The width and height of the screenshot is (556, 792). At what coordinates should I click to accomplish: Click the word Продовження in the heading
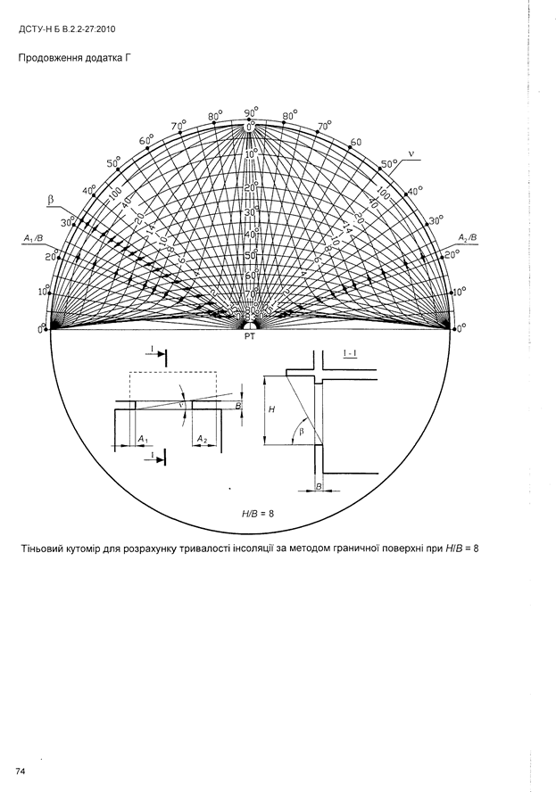click(46, 61)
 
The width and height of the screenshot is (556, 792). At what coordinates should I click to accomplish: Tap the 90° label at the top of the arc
click(251, 112)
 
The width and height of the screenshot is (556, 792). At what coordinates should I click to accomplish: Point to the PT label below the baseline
click(250, 338)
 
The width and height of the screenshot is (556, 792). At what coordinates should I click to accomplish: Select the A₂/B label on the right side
click(467, 237)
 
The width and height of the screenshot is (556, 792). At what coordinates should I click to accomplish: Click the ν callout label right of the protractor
click(411, 152)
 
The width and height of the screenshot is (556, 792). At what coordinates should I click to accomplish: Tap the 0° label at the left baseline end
click(41, 329)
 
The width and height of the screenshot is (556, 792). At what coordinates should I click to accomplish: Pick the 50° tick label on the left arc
click(113, 163)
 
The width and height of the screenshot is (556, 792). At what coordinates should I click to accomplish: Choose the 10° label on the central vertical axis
click(251, 153)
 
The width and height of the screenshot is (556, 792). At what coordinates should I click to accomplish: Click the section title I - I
click(352, 355)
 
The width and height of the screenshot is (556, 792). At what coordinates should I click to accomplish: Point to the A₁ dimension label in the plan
click(144, 439)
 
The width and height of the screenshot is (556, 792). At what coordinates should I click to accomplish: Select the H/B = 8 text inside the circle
click(258, 513)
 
